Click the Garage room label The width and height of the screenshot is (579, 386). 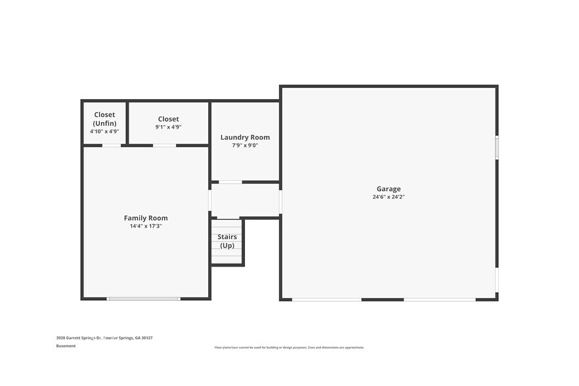click(x=388, y=189)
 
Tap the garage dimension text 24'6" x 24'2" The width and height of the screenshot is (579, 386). click(x=388, y=197)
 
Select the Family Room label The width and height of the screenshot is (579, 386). click(x=146, y=218)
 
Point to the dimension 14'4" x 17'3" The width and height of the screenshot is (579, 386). click(x=146, y=226)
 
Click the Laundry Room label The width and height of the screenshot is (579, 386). click(x=245, y=137)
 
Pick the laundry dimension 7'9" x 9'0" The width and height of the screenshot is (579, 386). click(x=245, y=145)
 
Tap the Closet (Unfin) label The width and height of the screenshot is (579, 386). click(x=104, y=119)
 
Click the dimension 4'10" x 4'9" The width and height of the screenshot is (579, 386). click(x=104, y=131)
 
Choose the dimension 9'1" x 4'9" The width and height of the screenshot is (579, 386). click(x=168, y=127)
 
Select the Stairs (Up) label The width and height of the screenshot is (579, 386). click(x=227, y=241)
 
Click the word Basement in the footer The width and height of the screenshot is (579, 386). click(x=66, y=346)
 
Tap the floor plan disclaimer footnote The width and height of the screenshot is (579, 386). click(x=289, y=347)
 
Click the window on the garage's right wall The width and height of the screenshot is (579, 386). click(x=497, y=147)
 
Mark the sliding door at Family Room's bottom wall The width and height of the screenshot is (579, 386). click(x=143, y=299)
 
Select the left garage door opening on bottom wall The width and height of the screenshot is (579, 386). click(x=326, y=300)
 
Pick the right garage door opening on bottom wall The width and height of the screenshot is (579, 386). click(x=439, y=300)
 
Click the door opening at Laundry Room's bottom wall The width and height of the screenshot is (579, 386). click(x=230, y=182)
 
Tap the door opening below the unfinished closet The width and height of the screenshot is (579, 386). click(x=111, y=145)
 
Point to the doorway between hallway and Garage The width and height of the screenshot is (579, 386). click(x=280, y=202)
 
